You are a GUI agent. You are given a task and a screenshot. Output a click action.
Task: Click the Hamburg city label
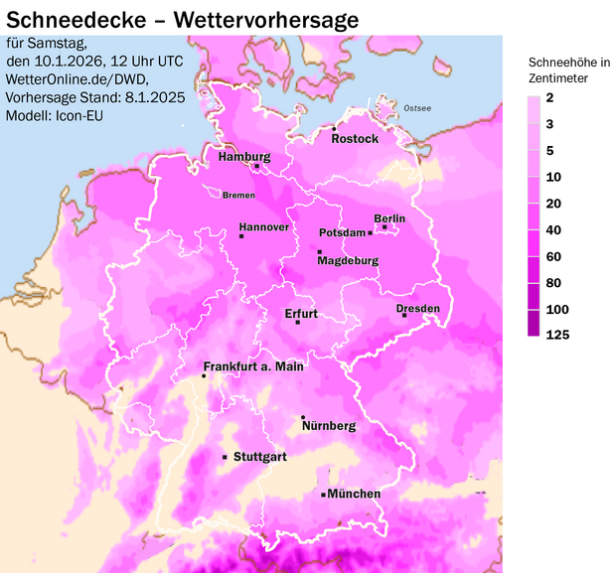pyautogui.click(x=244, y=157)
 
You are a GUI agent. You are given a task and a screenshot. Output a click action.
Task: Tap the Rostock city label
pyautogui.click(x=355, y=139)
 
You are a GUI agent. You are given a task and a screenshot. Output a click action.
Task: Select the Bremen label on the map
pyautogui.click(x=238, y=195)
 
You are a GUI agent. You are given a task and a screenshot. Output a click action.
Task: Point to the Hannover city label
pyautogui.click(x=263, y=227)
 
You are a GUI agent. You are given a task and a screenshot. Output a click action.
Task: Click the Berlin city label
pyautogui.click(x=389, y=218)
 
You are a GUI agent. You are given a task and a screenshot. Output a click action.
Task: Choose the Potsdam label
pyautogui.click(x=342, y=232)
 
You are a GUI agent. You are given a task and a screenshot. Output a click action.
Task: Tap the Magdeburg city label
pyautogui.click(x=348, y=261)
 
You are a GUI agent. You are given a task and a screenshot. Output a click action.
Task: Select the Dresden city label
pyautogui.click(x=417, y=309)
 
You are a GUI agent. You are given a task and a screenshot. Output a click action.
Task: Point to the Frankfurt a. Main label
pyautogui.click(x=253, y=366)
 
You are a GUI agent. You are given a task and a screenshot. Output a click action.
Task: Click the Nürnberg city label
pyautogui.click(x=328, y=426)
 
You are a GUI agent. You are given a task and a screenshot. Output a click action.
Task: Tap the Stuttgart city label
pyautogui.click(x=259, y=457)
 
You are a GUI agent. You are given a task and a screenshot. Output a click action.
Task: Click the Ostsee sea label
pyautogui.click(x=417, y=107)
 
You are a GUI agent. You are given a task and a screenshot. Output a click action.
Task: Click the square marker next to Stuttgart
pyautogui.click(x=225, y=457)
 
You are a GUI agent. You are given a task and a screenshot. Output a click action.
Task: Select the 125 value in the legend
pyautogui.click(x=557, y=335)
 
